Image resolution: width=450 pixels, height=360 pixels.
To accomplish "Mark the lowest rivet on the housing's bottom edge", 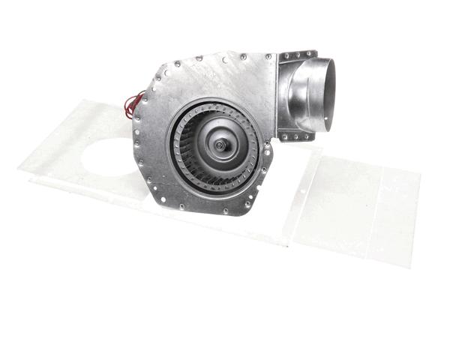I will coord(225,211).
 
